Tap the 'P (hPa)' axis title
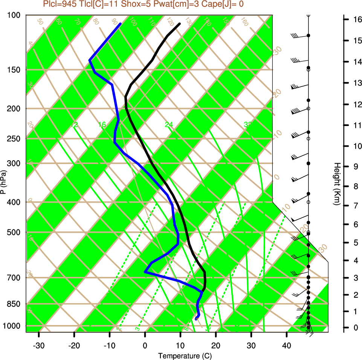point(3,182)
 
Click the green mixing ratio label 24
point(169,125)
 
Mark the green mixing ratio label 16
point(102,125)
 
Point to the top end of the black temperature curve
point(180,24)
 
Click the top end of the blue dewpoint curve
point(121,24)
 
